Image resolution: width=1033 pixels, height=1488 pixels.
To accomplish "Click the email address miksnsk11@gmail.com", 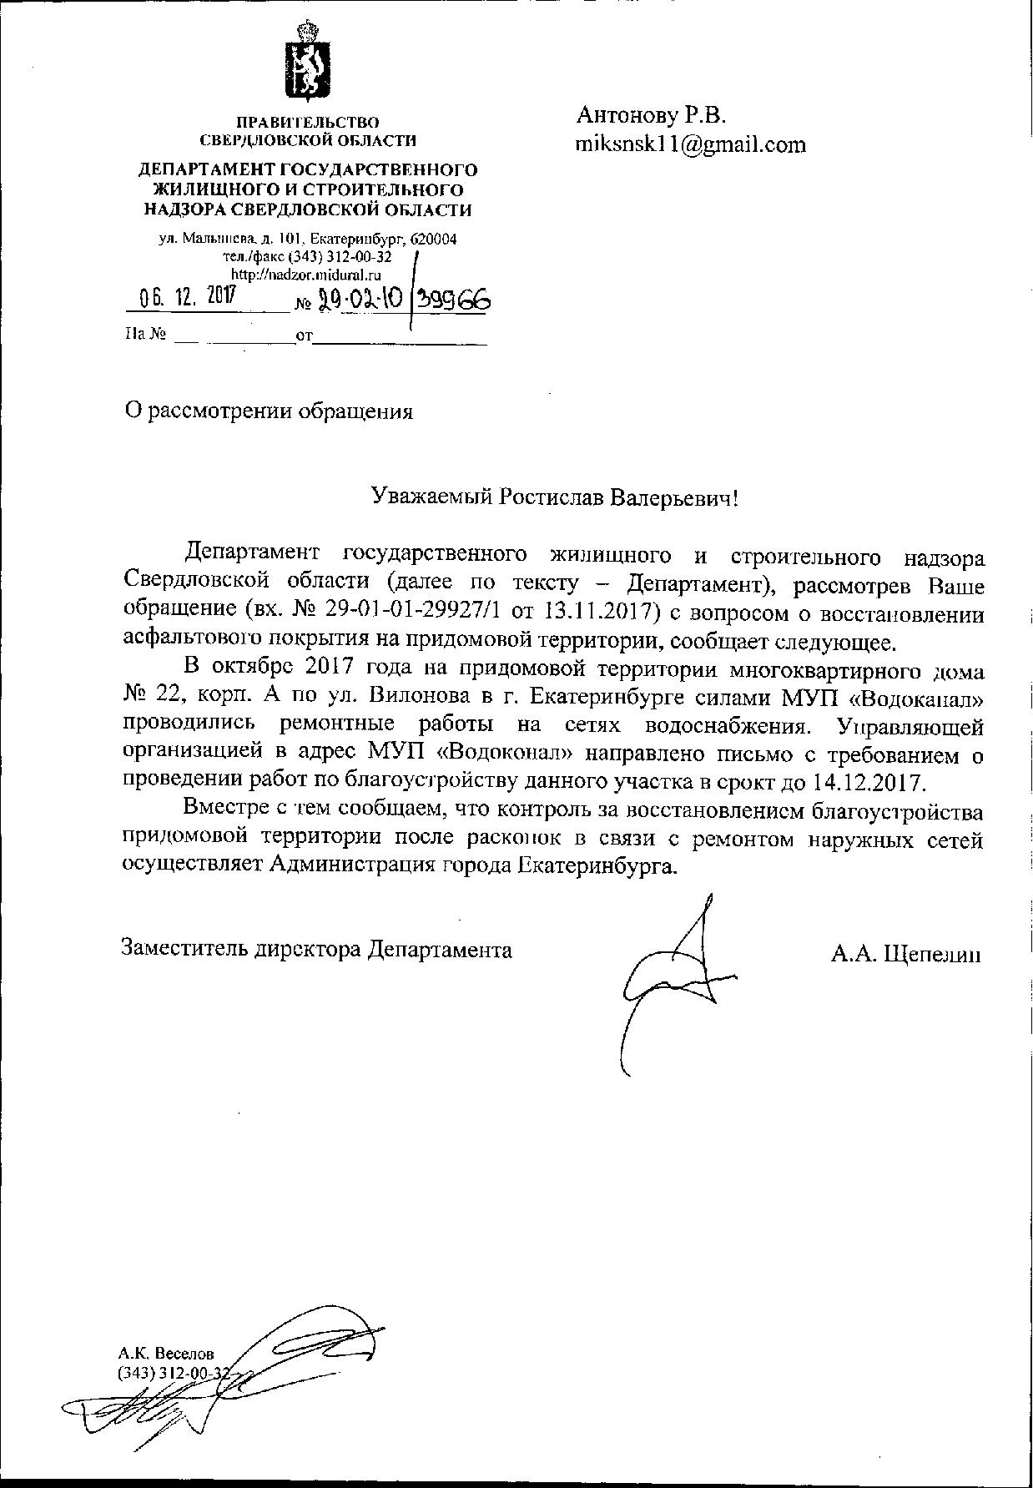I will (x=690, y=144).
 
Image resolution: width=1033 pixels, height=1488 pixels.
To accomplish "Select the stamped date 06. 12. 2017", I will (x=188, y=298).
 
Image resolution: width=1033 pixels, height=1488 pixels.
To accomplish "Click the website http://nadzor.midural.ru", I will (x=305, y=273).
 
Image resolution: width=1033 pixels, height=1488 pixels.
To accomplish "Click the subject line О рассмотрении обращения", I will (x=268, y=411).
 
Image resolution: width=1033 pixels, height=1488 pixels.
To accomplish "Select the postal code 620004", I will (x=434, y=239).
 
